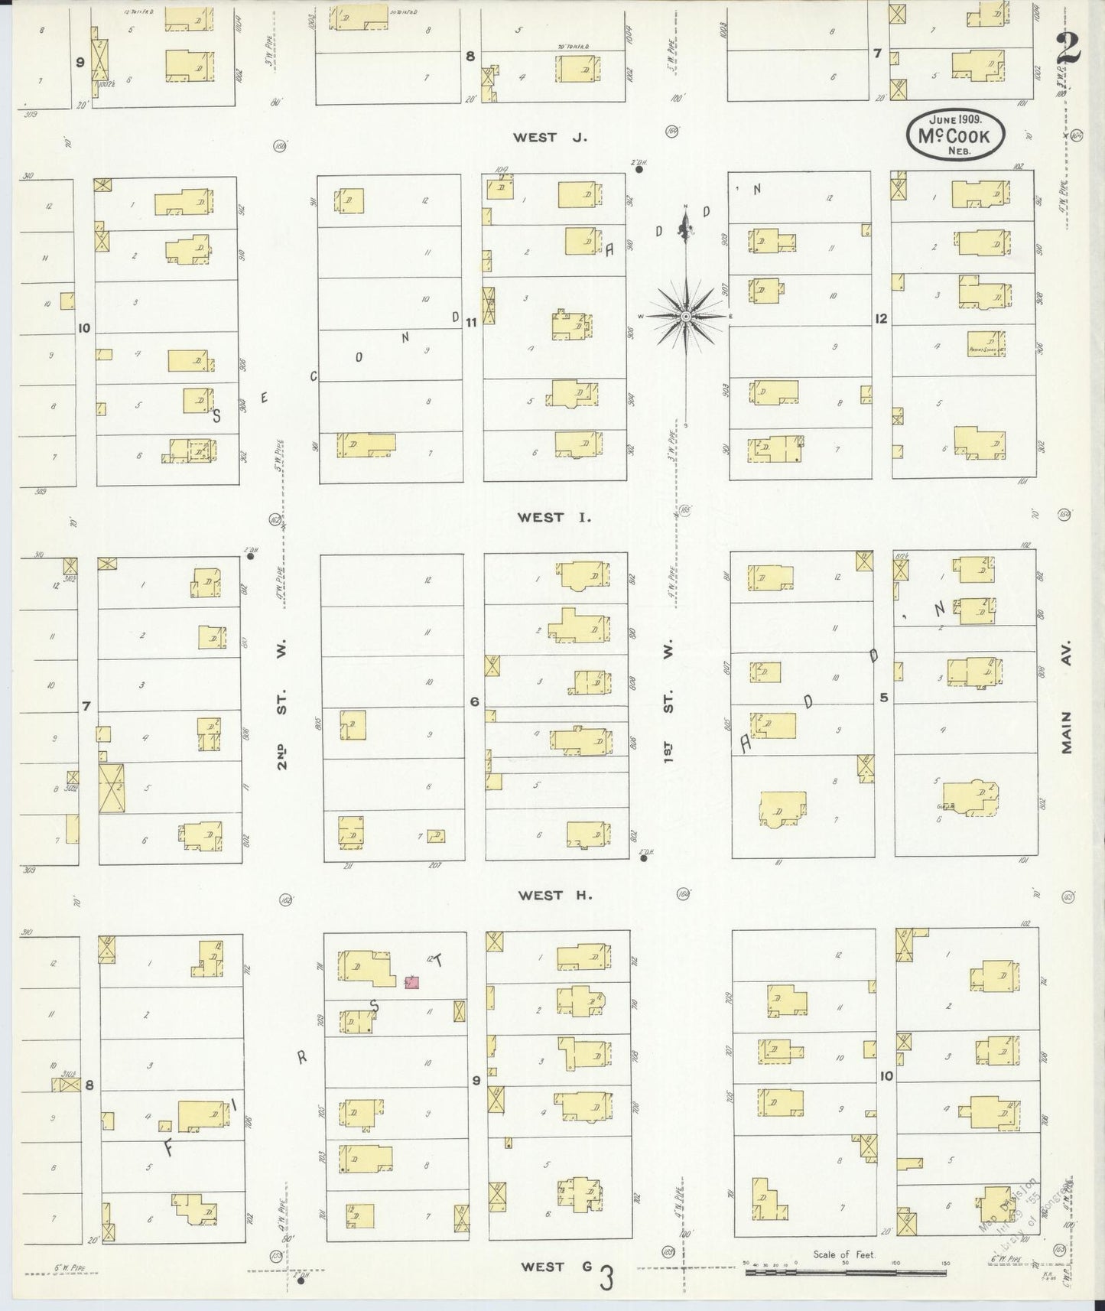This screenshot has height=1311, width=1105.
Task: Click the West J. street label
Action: click(549, 138)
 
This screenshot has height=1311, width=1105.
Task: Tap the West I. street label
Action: click(554, 518)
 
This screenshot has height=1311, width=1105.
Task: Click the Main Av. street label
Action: click(1068, 696)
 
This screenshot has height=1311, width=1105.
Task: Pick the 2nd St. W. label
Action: click(282, 704)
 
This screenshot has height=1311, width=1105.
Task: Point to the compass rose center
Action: click(686, 316)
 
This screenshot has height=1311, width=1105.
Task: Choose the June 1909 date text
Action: click(956, 120)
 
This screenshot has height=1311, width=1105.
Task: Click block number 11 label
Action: click(471, 323)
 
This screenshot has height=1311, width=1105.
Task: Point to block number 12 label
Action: click(882, 318)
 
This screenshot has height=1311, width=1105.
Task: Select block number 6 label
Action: click(474, 701)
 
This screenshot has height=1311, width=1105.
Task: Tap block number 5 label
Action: click(884, 698)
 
